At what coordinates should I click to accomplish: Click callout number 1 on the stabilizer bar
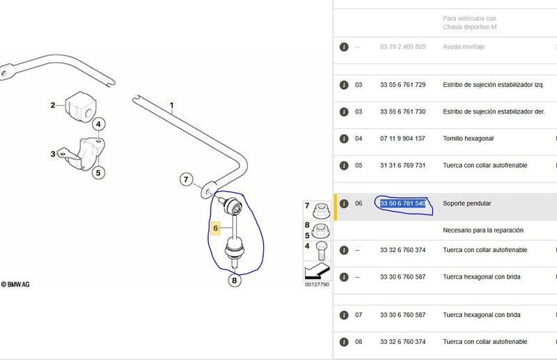171,106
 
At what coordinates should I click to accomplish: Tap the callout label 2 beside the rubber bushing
53,105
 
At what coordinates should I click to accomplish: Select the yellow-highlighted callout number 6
216,228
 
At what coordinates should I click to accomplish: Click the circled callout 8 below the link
234,281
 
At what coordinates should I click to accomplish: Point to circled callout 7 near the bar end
186,180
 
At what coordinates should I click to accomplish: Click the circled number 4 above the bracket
98,125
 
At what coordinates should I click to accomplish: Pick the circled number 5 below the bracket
98,173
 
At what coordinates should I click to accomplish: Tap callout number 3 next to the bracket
53,154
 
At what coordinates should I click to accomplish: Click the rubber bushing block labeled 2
81,107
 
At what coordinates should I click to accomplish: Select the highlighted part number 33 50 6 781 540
403,203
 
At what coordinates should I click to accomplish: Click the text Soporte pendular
466,203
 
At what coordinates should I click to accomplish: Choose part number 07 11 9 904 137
402,139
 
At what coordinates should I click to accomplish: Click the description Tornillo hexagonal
468,139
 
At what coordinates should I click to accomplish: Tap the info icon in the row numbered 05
344,166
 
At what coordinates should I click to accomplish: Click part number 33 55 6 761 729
403,85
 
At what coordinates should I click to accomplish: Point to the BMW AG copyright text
15,284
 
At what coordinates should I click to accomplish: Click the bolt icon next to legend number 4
321,251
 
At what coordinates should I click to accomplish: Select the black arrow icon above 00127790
317,272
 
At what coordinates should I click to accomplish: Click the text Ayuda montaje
464,47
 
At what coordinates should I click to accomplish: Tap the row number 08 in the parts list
359,342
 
